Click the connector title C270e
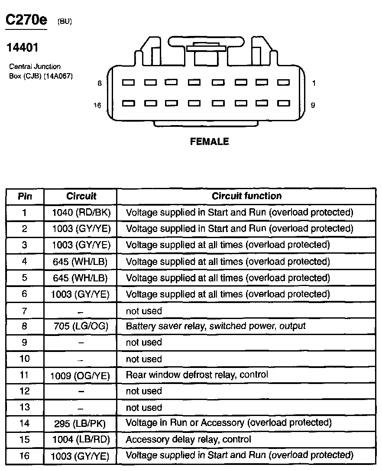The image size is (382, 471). [x=25, y=20]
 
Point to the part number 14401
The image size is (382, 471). [x=22, y=47]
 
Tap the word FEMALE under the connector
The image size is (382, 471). [x=209, y=142]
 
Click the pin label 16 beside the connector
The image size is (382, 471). [x=97, y=105]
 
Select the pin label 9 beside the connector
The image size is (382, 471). [x=313, y=105]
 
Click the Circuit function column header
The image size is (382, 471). [x=246, y=196]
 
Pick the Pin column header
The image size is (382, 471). [x=25, y=197]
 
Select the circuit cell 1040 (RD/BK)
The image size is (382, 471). [x=81, y=213]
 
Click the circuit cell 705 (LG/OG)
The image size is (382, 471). [x=81, y=326]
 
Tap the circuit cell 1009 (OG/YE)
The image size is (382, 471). [x=81, y=375]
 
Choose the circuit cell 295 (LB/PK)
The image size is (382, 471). [x=81, y=423]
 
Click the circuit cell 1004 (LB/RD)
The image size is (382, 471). [x=81, y=439]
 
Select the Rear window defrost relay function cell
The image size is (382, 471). [x=197, y=374]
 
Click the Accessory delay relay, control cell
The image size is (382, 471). [x=188, y=439]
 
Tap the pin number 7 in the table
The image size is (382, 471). [x=25, y=310]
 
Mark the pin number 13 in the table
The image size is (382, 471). [x=25, y=407]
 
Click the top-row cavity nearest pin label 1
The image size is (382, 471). [x=283, y=82]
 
